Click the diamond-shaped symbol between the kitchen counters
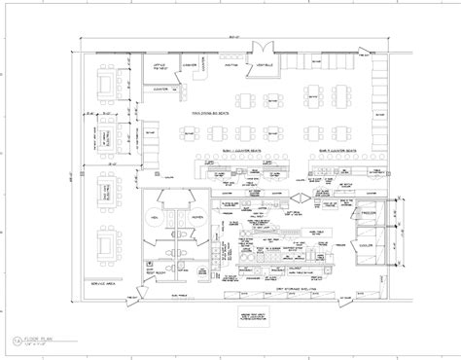(x=301, y=198)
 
